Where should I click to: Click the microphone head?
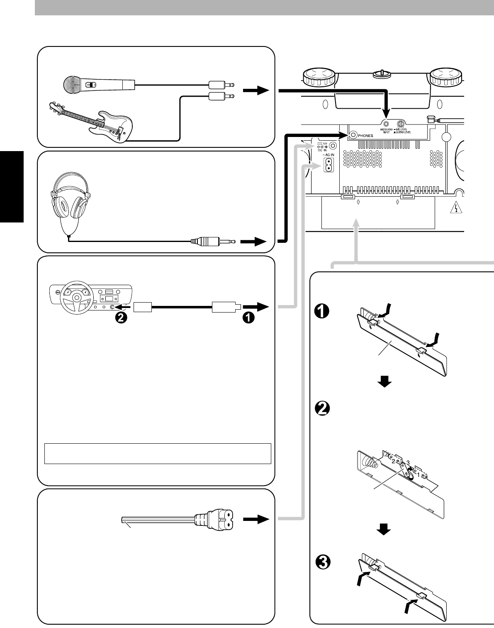pos(72,85)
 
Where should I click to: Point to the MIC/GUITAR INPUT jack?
pos(386,123)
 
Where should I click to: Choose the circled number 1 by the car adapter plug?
pos(248,318)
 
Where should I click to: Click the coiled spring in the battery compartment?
pos(368,460)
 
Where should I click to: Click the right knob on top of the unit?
pos(445,76)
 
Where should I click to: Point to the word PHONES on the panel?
pos(366,135)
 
